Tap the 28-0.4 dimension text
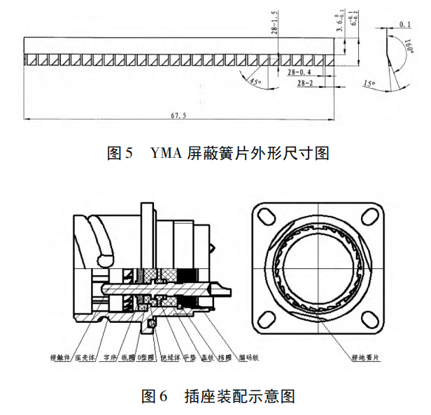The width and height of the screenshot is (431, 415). (x=298, y=73)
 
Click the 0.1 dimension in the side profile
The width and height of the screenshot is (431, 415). (x=404, y=24)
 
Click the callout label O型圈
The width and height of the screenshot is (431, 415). (x=144, y=356)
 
